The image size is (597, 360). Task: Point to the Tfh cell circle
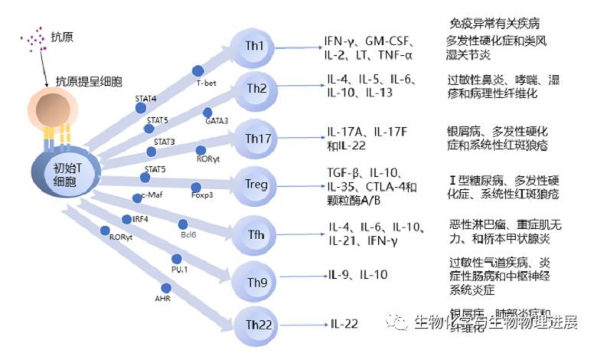click(x=258, y=232)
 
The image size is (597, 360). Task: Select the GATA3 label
click(x=217, y=120)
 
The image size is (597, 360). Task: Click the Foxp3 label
click(x=202, y=195)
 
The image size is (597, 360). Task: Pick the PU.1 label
click(x=180, y=267)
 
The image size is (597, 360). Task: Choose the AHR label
click(x=162, y=296)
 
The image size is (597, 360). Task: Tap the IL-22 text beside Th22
click(x=344, y=324)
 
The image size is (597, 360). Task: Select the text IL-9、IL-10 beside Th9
click(x=357, y=273)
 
